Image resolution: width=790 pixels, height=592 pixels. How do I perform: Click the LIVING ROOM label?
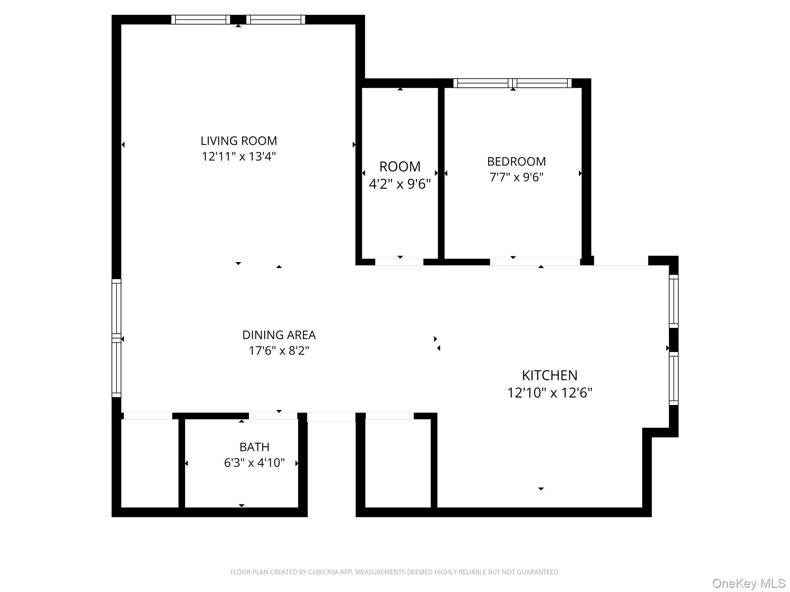(239, 141)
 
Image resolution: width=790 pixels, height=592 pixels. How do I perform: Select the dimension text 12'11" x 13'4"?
(239, 156)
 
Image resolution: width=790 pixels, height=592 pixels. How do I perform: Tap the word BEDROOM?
(516, 161)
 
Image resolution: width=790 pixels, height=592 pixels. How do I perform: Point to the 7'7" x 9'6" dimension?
(516, 177)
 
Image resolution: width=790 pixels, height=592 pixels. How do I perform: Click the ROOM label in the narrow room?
(400, 166)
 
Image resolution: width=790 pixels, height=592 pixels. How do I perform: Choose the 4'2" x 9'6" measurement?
(400, 184)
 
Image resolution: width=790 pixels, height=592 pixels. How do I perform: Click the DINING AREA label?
(279, 335)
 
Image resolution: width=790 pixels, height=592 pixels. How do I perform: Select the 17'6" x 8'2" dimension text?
(279, 351)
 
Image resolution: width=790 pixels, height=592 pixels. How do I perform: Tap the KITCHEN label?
(549, 375)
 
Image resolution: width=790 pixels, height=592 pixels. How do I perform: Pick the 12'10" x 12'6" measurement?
(549, 393)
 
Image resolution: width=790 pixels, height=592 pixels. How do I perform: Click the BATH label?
(254, 447)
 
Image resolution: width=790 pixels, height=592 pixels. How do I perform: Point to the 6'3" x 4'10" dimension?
(254, 463)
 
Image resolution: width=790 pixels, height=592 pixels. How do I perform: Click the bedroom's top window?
(512, 83)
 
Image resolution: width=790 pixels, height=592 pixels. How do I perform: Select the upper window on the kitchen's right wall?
(673, 301)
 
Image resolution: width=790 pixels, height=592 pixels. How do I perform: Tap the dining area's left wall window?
(116, 338)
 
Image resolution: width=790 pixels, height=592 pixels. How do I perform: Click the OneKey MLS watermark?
(748, 584)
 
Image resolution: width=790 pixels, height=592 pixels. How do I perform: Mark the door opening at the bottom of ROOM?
(399, 262)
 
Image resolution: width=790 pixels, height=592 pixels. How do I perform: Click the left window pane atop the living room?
(201, 20)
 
